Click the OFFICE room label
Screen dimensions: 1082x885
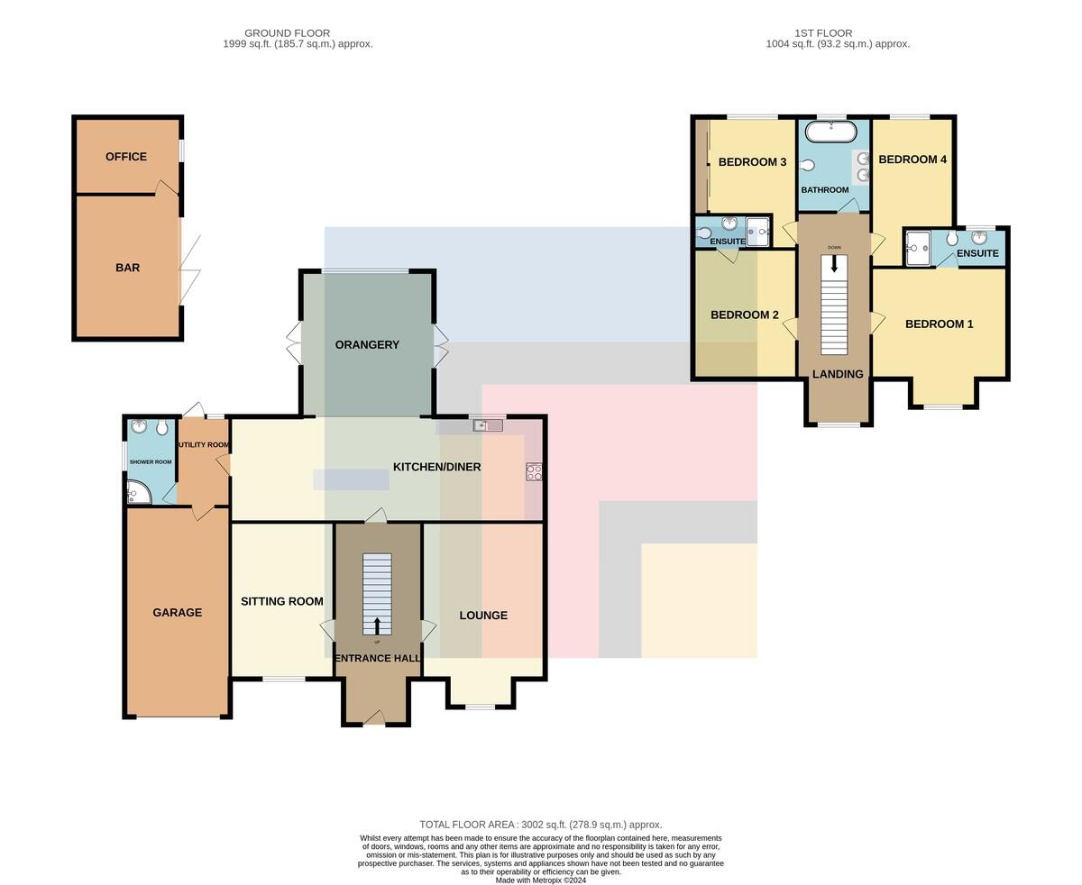pyautogui.click(x=125, y=157)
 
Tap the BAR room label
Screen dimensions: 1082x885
pyautogui.click(x=127, y=267)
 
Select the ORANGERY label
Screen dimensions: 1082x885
pyautogui.click(x=367, y=344)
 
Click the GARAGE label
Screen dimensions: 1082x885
pyautogui.click(x=177, y=612)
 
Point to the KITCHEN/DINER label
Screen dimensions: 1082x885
pyautogui.click(x=436, y=467)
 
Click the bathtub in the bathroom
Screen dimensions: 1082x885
pyautogui.click(x=830, y=132)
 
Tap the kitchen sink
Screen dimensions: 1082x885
pyautogui.click(x=488, y=425)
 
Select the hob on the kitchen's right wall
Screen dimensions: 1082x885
pyautogui.click(x=534, y=471)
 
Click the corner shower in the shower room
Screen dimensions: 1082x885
pyautogui.click(x=138, y=492)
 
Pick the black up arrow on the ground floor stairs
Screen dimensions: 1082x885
pyautogui.click(x=377, y=625)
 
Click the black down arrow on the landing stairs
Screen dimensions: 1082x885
pyautogui.click(x=834, y=263)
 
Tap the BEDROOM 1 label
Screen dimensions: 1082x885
pyautogui.click(x=939, y=324)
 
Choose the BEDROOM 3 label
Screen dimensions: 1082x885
pyautogui.click(x=752, y=162)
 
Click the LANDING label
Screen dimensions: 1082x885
pyautogui.click(x=838, y=374)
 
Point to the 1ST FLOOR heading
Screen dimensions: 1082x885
pyautogui.click(x=823, y=32)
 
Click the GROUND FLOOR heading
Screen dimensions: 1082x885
pyautogui.click(x=287, y=32)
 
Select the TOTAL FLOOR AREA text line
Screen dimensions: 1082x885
pyautogui.click(x=540, y=824)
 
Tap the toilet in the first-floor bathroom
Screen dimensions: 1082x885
pyautogui.click(x=808, y=165)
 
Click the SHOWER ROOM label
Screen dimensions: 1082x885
pyautogui.click(x=151, y=462)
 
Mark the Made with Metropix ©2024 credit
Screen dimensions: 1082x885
pyautogui.click(x=540, y=880)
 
